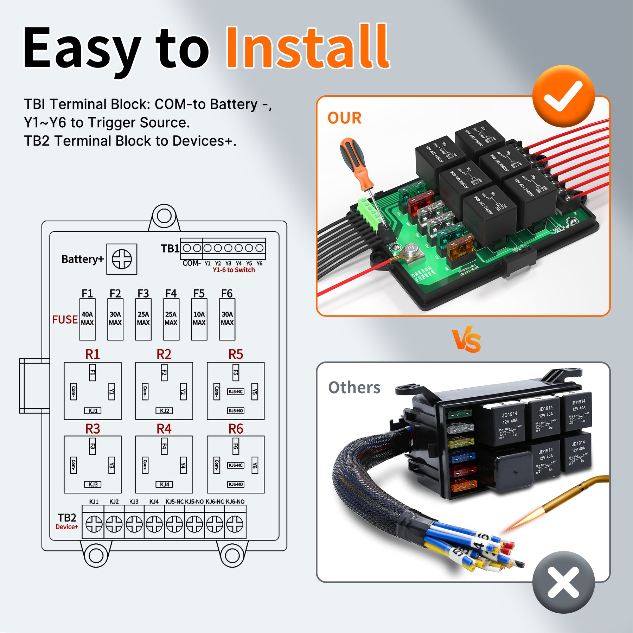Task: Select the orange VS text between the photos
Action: pos(466,340)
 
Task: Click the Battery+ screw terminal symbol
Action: pos(122,259)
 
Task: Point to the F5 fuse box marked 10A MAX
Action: pos(199,319)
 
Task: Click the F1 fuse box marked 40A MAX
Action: pos(87,319)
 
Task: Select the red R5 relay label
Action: pos(235,354)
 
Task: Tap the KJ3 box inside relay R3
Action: pos(93,484)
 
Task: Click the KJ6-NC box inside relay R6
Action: pos(236,465)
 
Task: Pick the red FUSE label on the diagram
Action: pos(65,319)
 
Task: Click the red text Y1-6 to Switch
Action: pos(234,270)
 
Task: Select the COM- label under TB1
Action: pos(191,263)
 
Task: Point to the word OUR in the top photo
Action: pos(344,118)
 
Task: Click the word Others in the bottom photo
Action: pos(354,388)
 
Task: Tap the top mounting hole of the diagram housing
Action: pos(164,216)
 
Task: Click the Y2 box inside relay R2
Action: pos(183,391)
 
